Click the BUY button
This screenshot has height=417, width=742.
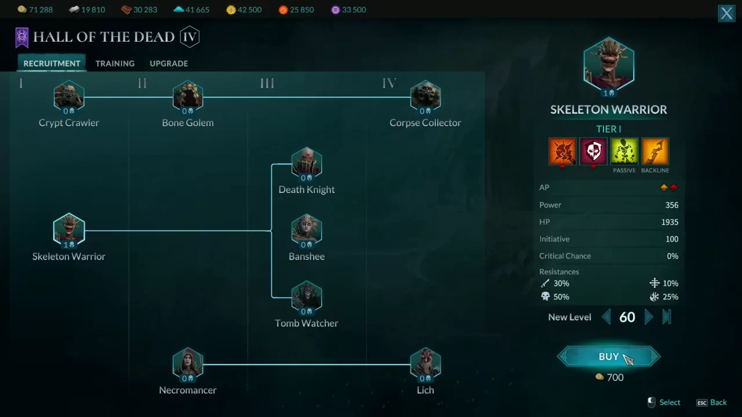(609, 356)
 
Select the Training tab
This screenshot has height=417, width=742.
(115, 63)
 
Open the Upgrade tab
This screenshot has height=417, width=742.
(169, 63)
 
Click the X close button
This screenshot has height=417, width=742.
(726, 13)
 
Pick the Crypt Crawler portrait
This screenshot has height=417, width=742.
(69, 97)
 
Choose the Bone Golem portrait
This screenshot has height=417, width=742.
(188, 97)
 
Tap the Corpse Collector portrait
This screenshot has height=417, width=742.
(425, 97)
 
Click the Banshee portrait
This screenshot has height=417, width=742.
(307, 231)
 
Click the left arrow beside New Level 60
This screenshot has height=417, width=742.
(606, 317)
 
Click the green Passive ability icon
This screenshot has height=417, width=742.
(624, 151)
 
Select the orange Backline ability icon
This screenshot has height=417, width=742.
(655, 151)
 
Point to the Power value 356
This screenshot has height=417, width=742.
(672, 205)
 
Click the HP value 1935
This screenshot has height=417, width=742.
(670, 222)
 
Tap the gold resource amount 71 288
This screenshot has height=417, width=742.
(41, 10)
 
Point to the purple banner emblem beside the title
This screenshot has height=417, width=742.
(22, 38)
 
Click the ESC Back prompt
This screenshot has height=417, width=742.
(711, 403)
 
